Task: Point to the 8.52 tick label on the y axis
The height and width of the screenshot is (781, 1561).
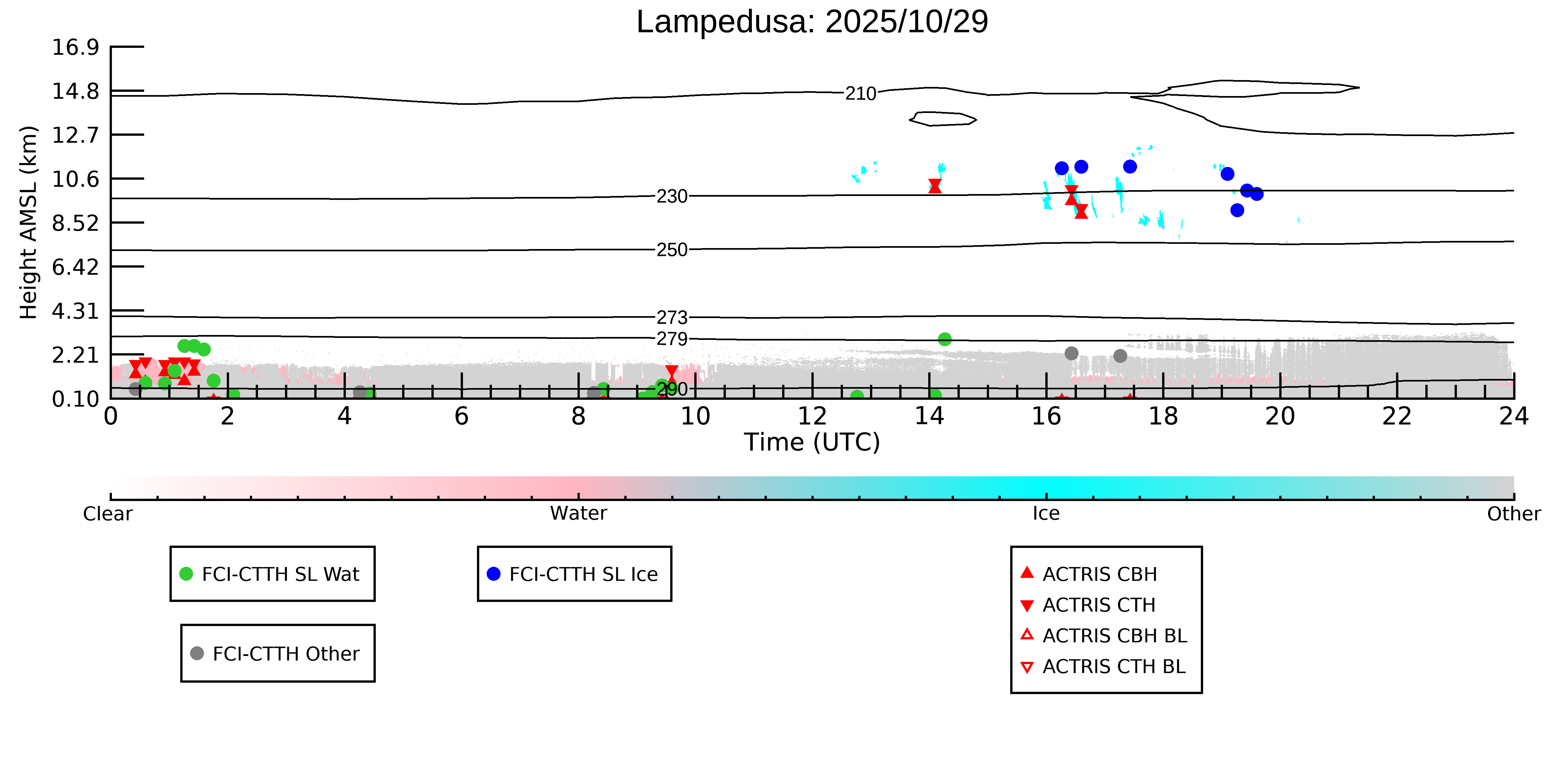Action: (75, 223)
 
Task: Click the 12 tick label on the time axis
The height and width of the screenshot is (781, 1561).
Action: (812, 417)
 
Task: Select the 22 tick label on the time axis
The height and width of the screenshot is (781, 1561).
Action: (1397, 417)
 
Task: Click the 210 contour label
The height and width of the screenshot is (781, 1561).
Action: (861, 93)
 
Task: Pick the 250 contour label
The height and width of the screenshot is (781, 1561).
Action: (672, 250)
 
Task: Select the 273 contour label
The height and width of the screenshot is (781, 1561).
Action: (672, 317)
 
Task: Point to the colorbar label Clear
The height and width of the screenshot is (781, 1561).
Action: (108, 514)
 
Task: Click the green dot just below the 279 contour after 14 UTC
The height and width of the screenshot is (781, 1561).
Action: (944, 339)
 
